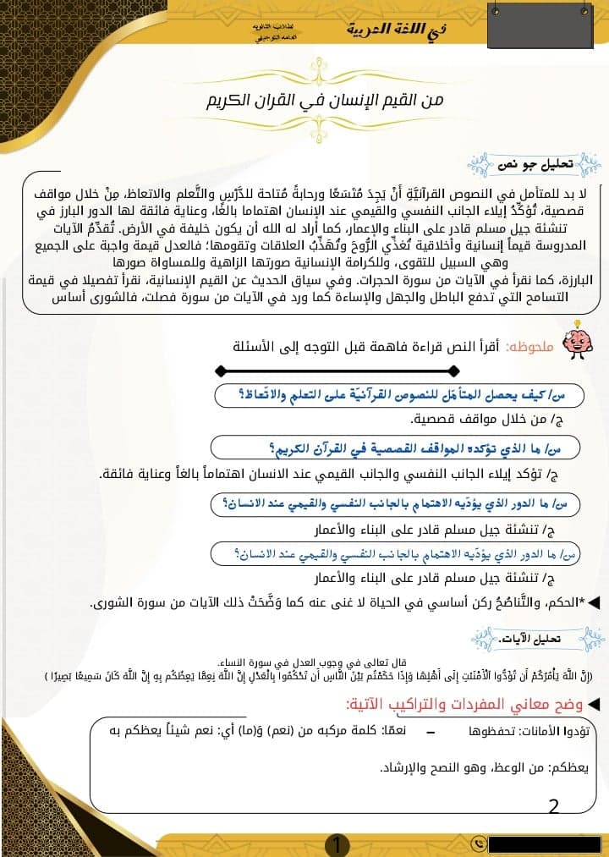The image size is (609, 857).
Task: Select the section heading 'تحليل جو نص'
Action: [x=542, y=163]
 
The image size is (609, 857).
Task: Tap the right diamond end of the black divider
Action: [x=454, y=371]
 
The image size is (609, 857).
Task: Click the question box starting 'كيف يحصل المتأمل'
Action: [x=406, y=394]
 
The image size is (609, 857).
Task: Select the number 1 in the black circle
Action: [x=337, y=843]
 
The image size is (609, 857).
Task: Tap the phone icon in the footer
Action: [x=480, y=843]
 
